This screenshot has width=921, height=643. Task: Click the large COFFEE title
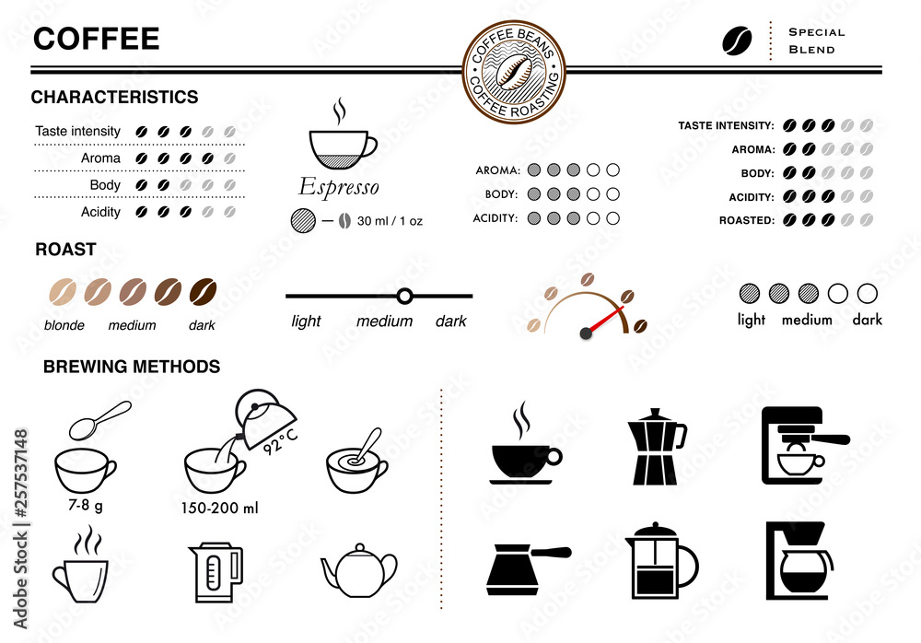click(97, 39)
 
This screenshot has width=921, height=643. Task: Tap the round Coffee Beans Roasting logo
click(514, 72)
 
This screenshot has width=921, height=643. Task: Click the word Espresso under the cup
click(339, 187)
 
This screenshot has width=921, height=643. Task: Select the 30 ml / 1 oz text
click(390, 221)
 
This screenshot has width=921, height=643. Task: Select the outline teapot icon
click(359, 570)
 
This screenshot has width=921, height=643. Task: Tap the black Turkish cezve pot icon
click(523, 565)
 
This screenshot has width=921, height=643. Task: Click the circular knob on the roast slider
click(403, 296)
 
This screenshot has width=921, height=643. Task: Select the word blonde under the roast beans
click(64, 325)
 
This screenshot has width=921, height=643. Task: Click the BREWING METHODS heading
click(132, 367)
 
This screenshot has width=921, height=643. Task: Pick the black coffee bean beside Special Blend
click(737, 40)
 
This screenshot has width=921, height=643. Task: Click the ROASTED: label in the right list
click(747, 221)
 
